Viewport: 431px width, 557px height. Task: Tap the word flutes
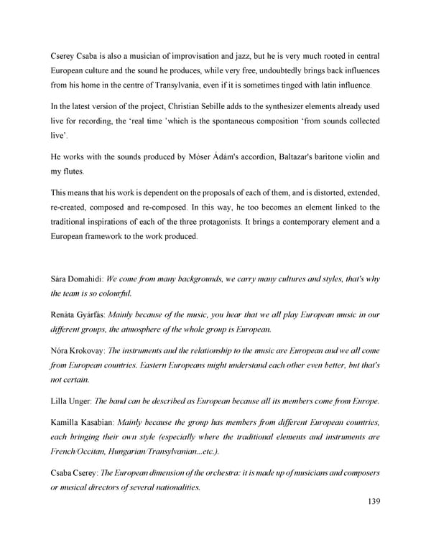tap(73, 172)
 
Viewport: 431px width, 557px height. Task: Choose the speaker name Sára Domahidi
tap(76, 278)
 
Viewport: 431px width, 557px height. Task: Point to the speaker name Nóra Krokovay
tap(78, 350)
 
